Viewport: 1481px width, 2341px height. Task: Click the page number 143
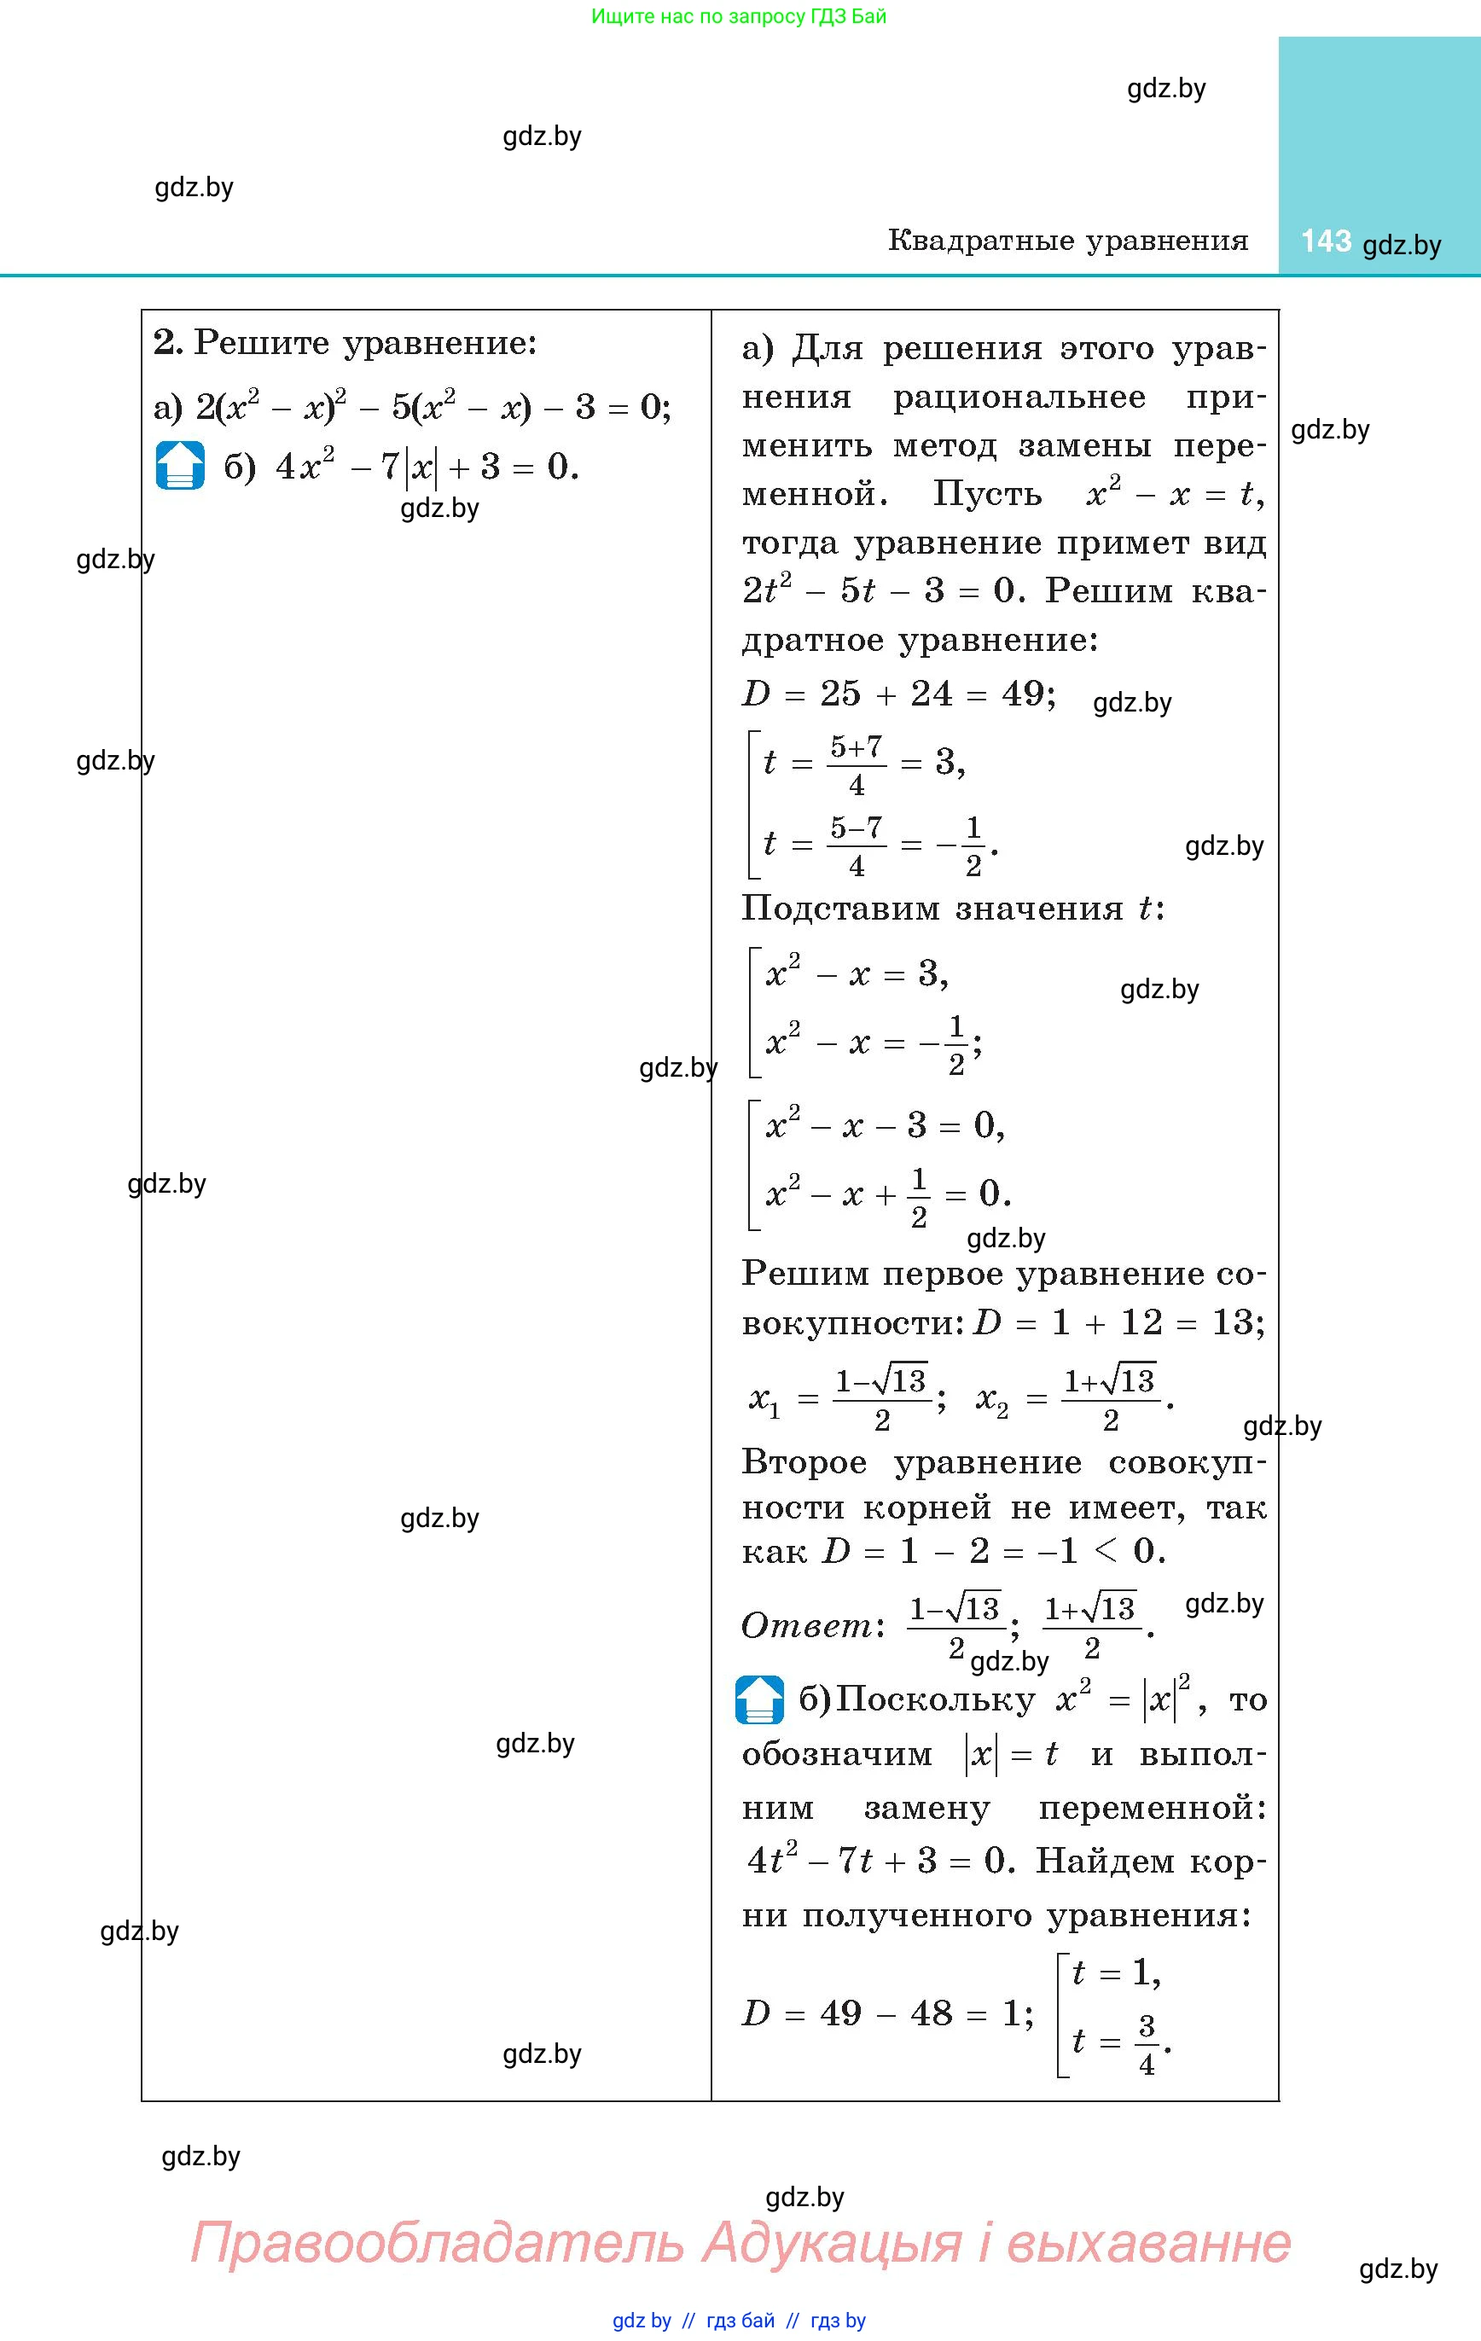pyautogui.click(x=1326, y=241)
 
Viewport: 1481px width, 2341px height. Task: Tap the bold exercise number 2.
pyautogui.click(x=167, y=342)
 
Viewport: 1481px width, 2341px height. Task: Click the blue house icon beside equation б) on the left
pyautogui.click(x=180, y=466)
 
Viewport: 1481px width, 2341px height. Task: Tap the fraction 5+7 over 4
pyautogui.click(x=856, y=764)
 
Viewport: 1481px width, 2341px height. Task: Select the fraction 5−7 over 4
pyautogui.click(x=856, y=845)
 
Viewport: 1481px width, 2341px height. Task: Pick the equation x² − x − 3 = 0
pyautogui.click(x=885, y=1126)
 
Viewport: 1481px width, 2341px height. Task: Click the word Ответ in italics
pyautogui.click(x=807, y=1624)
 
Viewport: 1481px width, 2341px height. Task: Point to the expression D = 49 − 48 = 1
pyautogui.click(x=887, y=2013)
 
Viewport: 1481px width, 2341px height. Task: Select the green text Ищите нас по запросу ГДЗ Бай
pyautogui.click(x=739, y=15)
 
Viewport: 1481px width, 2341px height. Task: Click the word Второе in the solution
pyautogui.click(x=804, y=1462)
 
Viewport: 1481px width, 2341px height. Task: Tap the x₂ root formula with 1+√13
pyautogui.click(x=1075, y=1399)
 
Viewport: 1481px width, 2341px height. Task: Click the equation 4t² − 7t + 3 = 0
pyautogui.click(x=881, y=1861)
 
